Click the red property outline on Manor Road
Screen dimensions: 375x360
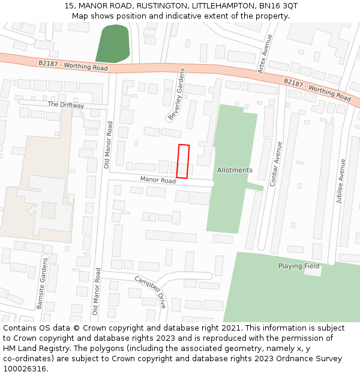pyautogui.click(x=183, y=161)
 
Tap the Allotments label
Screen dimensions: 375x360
pyautogui.click(x=235, y=170)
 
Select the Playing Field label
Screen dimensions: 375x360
pyautogui.click(x=299, y=266)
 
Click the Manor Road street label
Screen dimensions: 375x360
pyautogui.click(x=158, y=180)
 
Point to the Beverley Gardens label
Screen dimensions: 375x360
pyautogui.click(x=176, y=93)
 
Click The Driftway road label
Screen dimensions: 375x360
pyautogui.click(x=66, y=105)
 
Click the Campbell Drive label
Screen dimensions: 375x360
pyautogui.click(x=150, y=292)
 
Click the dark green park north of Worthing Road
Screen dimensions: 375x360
pyautogui.click(x=112, y=44)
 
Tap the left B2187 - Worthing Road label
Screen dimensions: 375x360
pyautogui.click(x=73, y=65)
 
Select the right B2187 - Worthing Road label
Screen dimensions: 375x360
pyautogui.click(x=317, y=89)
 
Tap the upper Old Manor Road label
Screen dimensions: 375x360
pyautogui.click(x=109, y=145)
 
